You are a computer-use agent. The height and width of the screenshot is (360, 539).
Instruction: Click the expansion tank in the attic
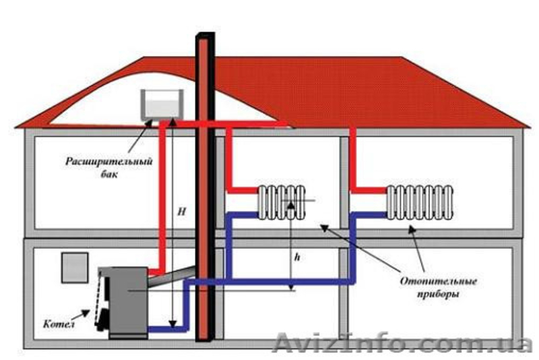pyautogui.click(x=162, y=104)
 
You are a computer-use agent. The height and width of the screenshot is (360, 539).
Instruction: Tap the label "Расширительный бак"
pyautogui.click(x=108, y=167)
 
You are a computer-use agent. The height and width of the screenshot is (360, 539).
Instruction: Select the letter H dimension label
pyautogui.click(x=181, y=212)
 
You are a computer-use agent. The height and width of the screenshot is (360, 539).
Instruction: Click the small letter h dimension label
pyautogui.click(x=297, y=257)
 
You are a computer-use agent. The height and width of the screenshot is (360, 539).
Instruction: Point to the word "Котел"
pyautogui.click(x=59, y=324)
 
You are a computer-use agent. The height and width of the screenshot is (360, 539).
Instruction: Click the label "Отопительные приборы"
pyautogui.click(x=439, y=287)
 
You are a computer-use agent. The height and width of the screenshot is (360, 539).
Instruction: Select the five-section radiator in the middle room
pyautogui.click(x=282, y=202)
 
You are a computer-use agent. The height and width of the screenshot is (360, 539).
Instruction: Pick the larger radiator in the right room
pyautogui.click(x=420, y=202)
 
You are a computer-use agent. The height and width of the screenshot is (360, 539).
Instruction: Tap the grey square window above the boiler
pyautogui.click(x=75, y=268)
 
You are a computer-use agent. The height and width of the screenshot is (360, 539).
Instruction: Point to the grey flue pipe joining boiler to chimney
pyautogui.click(x=172, y=276)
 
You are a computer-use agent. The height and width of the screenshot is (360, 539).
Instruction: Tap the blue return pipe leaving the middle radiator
pyautogui.click(x=243, y=215)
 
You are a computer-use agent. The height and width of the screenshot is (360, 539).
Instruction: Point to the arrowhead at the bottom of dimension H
pyautogui.click(x=172, y=324)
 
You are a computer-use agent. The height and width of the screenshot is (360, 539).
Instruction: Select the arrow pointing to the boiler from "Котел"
pyautogui.click(x=82, y=314)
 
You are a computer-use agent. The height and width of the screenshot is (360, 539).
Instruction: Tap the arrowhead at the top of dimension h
pyautogui.click(x=291, y=205)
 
